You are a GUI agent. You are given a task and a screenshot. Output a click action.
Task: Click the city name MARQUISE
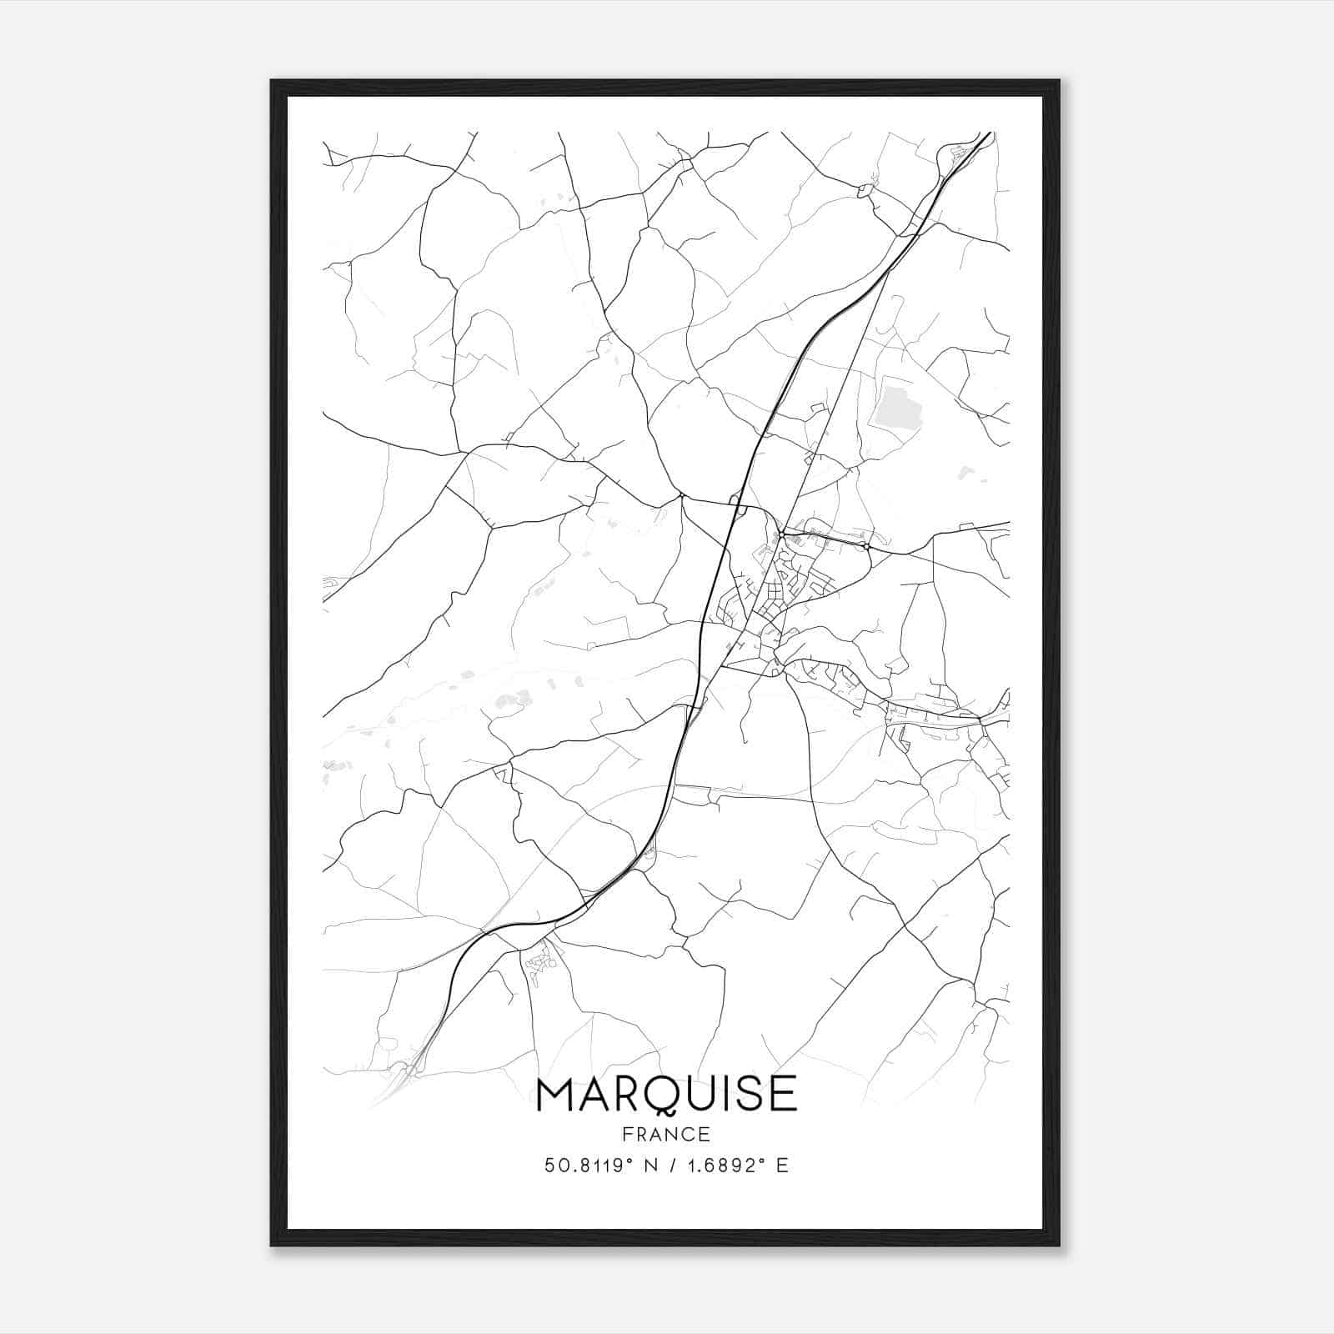[666, 1095]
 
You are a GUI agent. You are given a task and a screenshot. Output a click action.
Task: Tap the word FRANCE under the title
[666, 1134]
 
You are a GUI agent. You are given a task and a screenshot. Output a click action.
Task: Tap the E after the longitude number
[782, 1166]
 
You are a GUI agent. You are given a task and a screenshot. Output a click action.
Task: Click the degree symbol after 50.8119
[632, 1161]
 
